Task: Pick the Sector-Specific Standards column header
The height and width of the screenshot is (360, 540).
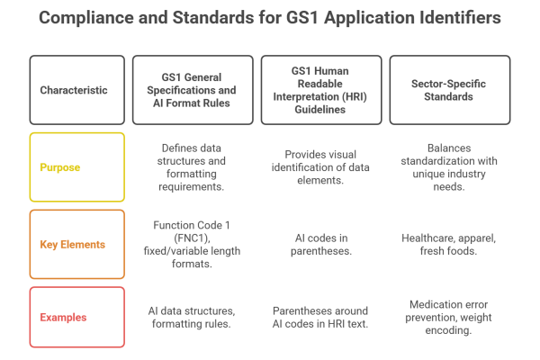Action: (449, 91)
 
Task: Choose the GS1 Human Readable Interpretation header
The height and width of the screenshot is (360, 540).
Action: (321, 91)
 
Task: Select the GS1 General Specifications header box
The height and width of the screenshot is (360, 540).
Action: (193, 91)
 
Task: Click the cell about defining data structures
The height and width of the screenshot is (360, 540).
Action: (193, 167)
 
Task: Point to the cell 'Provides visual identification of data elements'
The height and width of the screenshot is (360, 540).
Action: (321, 167)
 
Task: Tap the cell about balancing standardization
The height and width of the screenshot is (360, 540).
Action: (449, 167)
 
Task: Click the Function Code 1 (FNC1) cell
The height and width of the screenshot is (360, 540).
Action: (193, 244)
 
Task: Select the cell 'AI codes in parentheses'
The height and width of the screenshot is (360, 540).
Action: (321, 244)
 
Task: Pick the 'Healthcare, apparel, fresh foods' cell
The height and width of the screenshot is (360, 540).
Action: (449, 244)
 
